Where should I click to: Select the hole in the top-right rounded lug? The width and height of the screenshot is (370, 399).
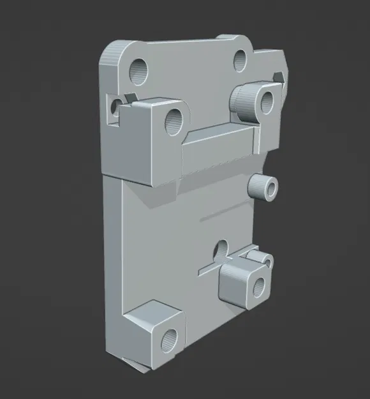point(241,61)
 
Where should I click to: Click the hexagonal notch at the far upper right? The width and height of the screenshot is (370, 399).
point(279,76)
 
